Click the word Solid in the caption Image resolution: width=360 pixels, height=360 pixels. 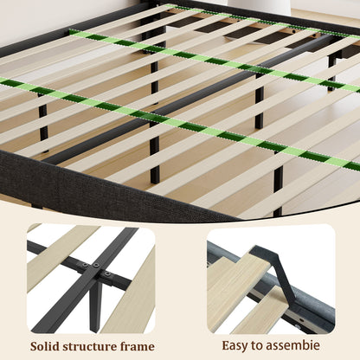[45, 346]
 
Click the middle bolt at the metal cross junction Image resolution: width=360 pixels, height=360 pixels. [96, 265]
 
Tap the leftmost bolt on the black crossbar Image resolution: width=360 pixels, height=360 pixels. [84, 265]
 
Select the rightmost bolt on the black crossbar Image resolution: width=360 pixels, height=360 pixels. [107, 273]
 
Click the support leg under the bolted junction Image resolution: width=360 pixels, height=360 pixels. [95, 305]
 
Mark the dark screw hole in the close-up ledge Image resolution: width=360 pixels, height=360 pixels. [300, 319]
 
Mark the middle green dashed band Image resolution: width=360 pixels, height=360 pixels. [215, 60]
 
